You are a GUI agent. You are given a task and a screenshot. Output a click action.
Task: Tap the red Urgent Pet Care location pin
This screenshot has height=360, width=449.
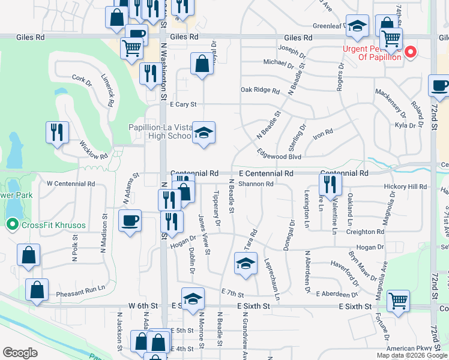(x=411, y=52)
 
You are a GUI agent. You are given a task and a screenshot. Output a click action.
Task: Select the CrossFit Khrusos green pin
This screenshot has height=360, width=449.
(x=12, y=225)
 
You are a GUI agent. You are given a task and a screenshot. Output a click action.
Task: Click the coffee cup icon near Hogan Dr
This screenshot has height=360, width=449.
(x=130, y=221)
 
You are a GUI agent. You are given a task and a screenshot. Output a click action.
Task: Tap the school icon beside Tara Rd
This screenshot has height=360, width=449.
(x=245, y=263)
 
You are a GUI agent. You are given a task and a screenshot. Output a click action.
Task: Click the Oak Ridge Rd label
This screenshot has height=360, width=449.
(x=260, y=91)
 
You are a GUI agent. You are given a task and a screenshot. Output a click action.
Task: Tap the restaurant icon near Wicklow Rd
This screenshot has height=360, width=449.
(x=57, y=132)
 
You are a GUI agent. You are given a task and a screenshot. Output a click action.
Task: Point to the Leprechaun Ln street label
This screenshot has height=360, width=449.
(x=272, y=279)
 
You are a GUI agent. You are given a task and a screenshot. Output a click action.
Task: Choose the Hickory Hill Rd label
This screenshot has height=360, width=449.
(x=405, y=187)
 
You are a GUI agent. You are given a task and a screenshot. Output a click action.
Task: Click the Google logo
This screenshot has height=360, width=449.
(x=20, y=353)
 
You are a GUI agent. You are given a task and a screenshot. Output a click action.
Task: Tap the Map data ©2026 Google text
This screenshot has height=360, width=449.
(x=412, y=355)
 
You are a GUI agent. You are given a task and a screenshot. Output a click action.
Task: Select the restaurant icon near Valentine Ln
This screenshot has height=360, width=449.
(x=330, y=184)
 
